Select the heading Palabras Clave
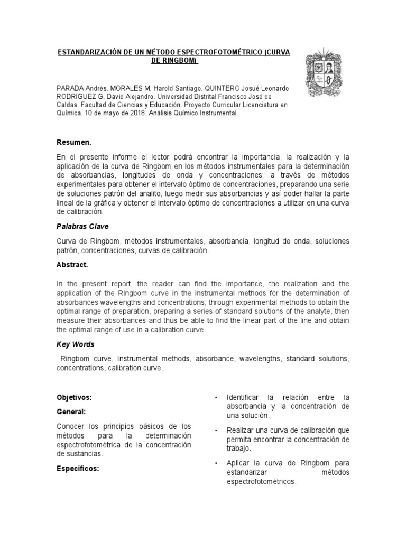click(x=82, y=226)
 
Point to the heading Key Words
click(x=75, y=344)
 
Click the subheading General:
click(x=71, y=411)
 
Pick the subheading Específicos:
click(x=78, y=468)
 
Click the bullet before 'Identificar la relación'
click(x=217, y=397)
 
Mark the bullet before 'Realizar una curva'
click(x=217, y=431)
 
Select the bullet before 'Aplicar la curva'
click(x=217, y=463)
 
